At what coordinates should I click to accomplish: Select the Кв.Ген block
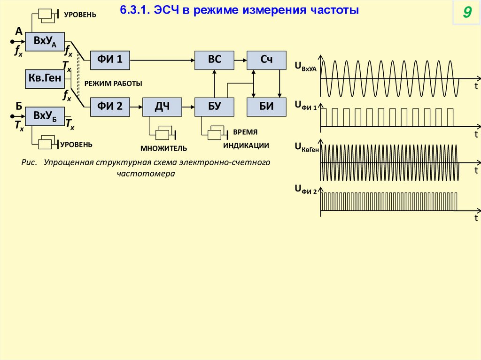(x=45, y=79)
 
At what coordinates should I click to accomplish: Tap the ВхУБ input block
(x=45, y=115)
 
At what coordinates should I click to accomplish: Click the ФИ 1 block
(x=110, y=59)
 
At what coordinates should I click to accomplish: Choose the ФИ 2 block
(x=110, y=107)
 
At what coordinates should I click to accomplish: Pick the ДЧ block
(x=162, y=107)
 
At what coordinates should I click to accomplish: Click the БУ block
(x=214, y=107)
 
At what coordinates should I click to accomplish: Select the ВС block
(x=214, y=59)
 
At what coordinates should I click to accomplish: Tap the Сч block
(x=266, y=59)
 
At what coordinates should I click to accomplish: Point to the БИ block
(x=266, y=107)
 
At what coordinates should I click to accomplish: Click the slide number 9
(x=466, y=13)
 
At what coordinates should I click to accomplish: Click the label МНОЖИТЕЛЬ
(x=163, y=148)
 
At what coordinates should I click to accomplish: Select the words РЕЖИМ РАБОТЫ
(x=113, y=83)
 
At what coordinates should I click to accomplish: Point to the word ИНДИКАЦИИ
(x=246, y=146)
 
